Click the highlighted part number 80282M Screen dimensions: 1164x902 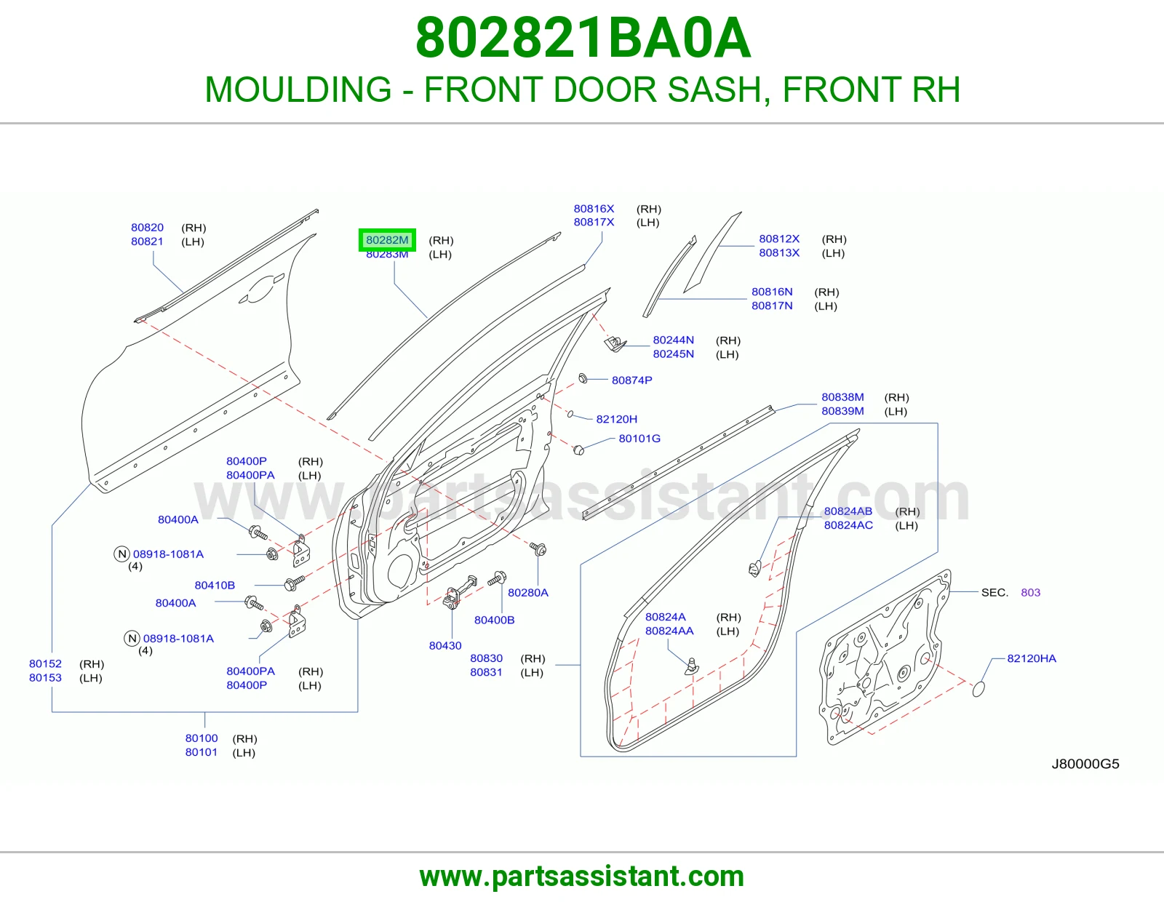[x=387, y=240]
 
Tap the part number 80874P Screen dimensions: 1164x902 [x=631, y=380]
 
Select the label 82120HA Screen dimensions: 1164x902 [x=1031, y=658]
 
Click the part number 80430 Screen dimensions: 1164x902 [x=445, y=645]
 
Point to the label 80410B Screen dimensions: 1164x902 [x=215, y=586]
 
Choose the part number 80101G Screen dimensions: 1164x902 [x=639, y=439]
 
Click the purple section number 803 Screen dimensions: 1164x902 [x=1030, y=592]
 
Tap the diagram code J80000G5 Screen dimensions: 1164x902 [x=1085, y=764]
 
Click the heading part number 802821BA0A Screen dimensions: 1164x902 [x=583, y=38]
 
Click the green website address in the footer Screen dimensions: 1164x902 [x=582, y=877]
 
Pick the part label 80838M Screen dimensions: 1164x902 [x=842, y=397]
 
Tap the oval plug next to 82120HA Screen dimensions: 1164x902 [x=978, y=689]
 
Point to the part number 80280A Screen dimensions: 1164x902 [x=527, y=592]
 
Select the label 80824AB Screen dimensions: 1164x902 [x=848, y=511]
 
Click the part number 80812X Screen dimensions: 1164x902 [x=779, y=239]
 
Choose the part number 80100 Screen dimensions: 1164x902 [x=201, y=738]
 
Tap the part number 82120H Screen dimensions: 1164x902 [x=616, y=420]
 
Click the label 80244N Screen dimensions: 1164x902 [x=673, y=340]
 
